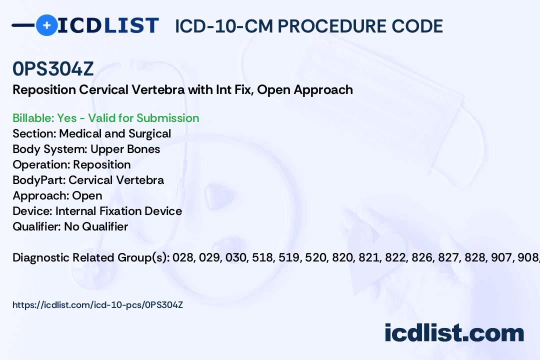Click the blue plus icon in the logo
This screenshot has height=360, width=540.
click(47, 25)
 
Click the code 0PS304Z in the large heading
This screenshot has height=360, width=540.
click(53, 68)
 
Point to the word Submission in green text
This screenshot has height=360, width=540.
click(167, 118)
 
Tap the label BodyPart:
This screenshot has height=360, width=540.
click(39, 180)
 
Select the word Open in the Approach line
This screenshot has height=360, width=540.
click(87, 195)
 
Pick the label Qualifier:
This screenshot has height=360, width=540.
click(37, 226)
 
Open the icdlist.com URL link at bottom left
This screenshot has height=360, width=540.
click(98, 305)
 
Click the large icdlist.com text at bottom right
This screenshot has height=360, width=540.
click(454, 333)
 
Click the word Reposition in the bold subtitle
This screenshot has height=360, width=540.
click(44, 90)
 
